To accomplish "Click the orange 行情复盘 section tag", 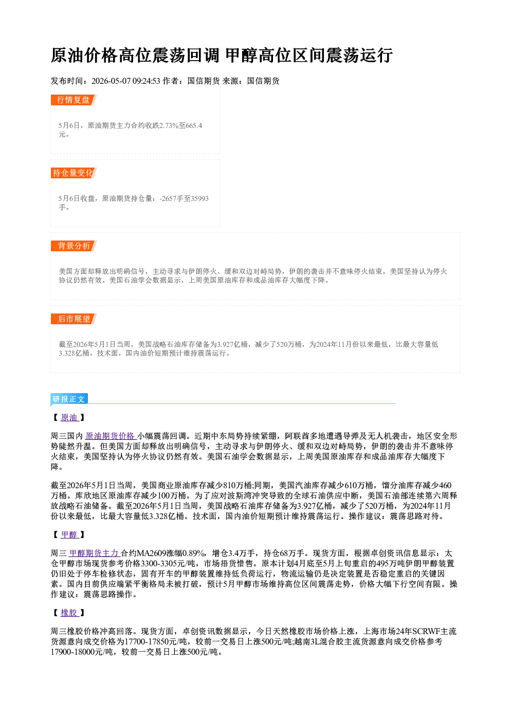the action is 74,100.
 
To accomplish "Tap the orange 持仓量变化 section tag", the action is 74,173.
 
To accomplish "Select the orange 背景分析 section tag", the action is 74,246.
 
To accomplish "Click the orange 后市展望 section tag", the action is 74,319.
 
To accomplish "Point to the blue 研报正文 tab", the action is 69,399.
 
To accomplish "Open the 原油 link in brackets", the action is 69,418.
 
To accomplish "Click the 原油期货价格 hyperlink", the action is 111,436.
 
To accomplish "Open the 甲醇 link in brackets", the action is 69,535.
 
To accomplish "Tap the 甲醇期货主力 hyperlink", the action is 94,553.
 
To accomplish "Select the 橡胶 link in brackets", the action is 69,613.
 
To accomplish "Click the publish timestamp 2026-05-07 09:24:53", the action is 126,81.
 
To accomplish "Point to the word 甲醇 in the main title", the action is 241,55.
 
